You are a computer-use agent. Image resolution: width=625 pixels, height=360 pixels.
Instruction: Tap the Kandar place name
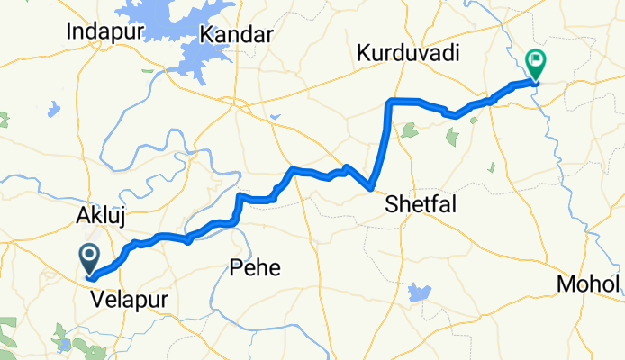[x=236, y=35]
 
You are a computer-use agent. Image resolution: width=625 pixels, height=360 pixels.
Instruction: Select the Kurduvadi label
[x=408, y=53]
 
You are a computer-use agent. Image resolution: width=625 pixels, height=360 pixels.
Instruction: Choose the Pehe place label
[x=255, y=267]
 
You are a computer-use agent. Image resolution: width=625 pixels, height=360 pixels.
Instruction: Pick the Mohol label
[x=589, y=284]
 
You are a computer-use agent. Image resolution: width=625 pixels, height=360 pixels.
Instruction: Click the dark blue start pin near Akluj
[x=90, y=258]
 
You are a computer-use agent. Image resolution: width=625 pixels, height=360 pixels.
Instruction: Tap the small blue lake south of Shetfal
[x=419, y=292]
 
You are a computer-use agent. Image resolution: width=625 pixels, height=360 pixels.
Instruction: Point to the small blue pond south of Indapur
[x=55, y=110]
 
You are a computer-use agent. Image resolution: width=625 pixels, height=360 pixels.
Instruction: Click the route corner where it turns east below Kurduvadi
[x=389, y=101]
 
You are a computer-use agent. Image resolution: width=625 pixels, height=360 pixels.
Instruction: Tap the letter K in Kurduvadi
[x=364, y=53]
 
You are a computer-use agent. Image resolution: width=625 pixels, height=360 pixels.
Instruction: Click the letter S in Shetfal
[x=391, y=205]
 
